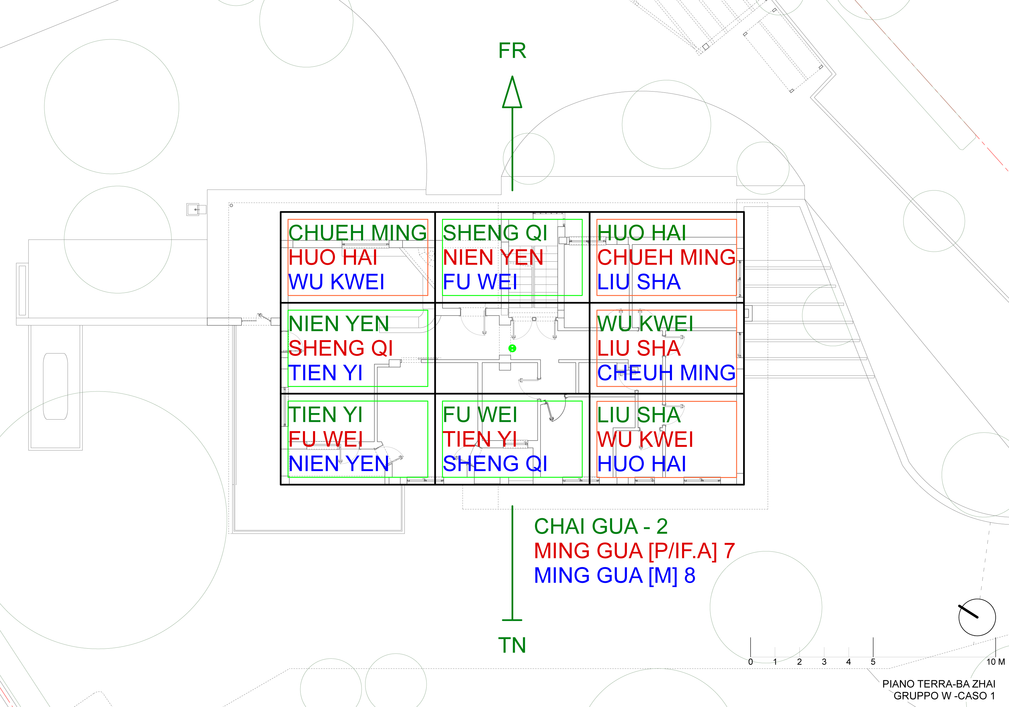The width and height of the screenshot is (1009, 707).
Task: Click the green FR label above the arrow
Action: (512, 51)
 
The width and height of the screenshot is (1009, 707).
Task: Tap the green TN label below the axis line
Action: (512, 645)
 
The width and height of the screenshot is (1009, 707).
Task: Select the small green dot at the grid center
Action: (512, 348)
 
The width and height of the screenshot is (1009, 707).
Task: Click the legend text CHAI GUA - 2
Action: (601, 527)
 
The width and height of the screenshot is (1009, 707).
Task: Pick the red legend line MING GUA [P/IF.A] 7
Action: (634, 551)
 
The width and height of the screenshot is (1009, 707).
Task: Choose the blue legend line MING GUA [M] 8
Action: (614, 576)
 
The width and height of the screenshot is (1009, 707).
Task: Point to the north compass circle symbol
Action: (977, 617)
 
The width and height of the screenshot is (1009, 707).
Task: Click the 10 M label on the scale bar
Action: (995, 662)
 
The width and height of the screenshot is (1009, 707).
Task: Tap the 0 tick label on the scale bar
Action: (751, 662)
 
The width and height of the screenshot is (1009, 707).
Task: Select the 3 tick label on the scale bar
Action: (824, 662)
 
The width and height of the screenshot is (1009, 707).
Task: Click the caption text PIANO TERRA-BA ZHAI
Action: (939, 684)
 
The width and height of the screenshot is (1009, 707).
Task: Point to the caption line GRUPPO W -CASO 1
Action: (944, 696)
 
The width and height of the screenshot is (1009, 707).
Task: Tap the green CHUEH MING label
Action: (357, 233)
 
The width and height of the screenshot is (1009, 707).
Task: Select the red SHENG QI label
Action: (341, 348)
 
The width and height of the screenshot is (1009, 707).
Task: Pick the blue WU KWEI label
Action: (336, 282)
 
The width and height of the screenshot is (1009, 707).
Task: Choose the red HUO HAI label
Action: (333, 257)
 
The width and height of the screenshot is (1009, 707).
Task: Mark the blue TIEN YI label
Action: (325, 373)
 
